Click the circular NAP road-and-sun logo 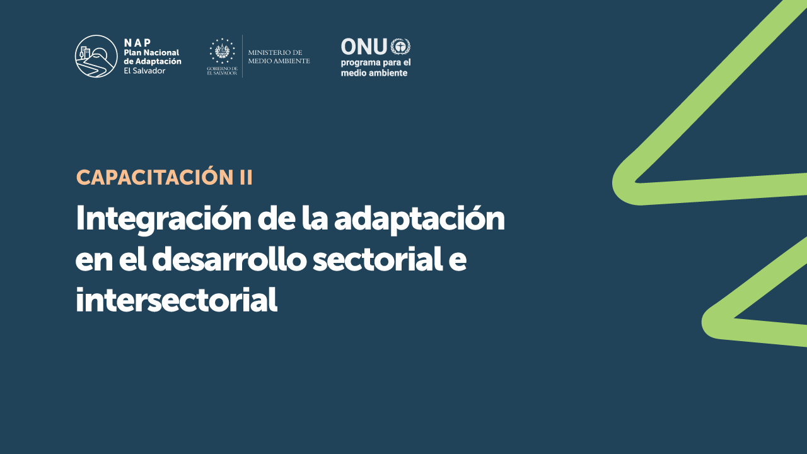click(96, 56)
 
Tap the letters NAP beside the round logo click(137, 43)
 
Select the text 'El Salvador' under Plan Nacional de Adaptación click(144, 71)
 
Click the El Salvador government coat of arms click(223, 51)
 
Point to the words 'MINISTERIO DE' click(276, 52)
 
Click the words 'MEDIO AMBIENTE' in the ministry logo click(279, 61)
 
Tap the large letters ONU click(364, 47)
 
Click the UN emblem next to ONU click(400, 47)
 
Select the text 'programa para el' click(376, 63)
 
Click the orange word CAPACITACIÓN click(155, 177)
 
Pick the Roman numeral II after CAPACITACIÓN click(246, 178)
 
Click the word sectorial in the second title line click(378, 260)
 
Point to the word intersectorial click(177, 300)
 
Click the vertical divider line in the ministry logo click(243, 56)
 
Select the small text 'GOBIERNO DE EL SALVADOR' click(223, 71)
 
